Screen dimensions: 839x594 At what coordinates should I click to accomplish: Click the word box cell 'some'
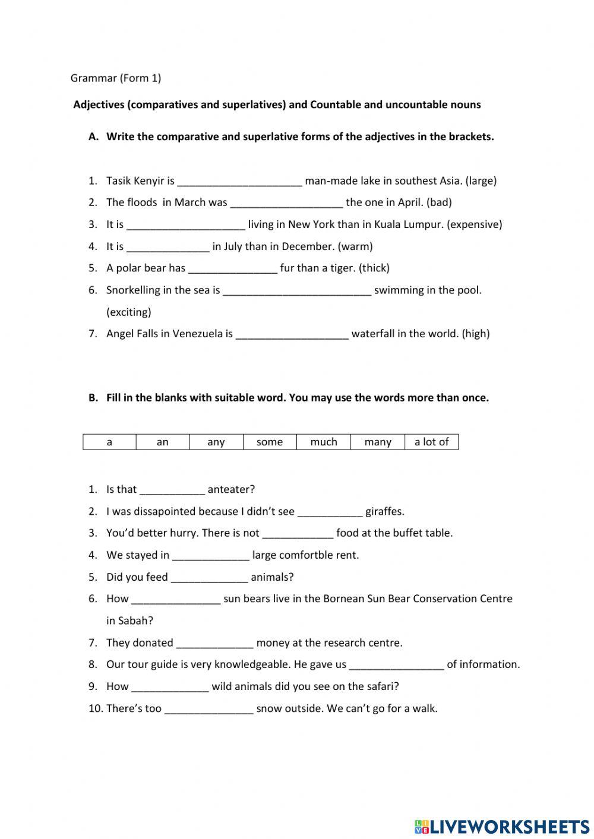[x=270, y=442]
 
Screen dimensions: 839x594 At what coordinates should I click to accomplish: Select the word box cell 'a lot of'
[x=432, y=442]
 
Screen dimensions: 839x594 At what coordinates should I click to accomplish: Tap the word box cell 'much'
[x=324, y=442]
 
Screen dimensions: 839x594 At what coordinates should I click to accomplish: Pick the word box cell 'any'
[x=216, y=442]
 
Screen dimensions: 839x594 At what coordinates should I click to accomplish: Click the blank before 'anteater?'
[x=172, y=490]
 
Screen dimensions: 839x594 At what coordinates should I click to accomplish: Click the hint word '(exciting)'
[x=129, y=312]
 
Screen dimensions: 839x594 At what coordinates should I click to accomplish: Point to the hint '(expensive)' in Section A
[x=474, y=224]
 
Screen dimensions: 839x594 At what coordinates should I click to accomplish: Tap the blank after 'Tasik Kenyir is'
[x=239, y=181]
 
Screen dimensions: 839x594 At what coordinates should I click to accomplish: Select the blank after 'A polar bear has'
[x=233, y=268]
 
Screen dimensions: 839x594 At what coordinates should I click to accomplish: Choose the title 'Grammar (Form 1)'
[x=116, y=78]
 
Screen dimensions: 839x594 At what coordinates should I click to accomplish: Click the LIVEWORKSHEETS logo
[x=502, y=826]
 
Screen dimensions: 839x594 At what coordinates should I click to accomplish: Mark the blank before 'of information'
[x=396, y=665]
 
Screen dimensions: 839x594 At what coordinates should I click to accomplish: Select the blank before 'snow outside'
[x=208, y=709]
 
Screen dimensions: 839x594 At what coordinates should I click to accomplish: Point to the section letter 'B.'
[x=93, y=398]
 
